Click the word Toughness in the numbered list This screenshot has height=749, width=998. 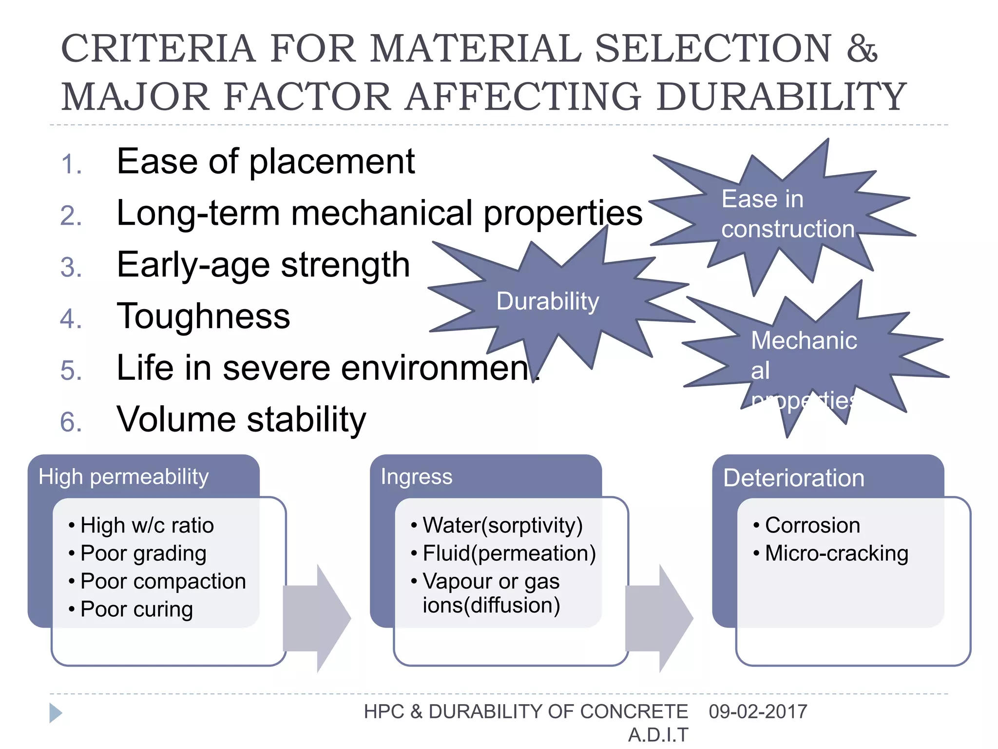[x=203, y=316]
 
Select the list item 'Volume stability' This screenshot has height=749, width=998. [x=241, y=419]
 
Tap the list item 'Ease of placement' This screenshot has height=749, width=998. [x=266, y=161]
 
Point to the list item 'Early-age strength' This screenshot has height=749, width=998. [x=263, y=265]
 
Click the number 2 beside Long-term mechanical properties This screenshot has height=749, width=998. [x=71, y=216]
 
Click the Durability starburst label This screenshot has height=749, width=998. [x=547, y=301]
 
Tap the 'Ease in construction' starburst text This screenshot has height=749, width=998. [x=787, y=214]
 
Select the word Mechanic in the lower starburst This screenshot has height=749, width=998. [x=804, y=340]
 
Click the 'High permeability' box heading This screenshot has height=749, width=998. [x=124, y=476]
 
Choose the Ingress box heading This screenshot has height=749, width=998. [x=417, y=476]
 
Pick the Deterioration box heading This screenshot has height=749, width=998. [x=794, y=478]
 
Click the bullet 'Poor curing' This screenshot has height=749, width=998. [x=136, y=609]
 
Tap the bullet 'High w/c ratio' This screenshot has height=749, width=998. [x=147, y=525]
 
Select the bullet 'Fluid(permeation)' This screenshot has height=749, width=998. [x=509, y=553]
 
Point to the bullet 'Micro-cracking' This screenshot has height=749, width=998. [x=836, y=553]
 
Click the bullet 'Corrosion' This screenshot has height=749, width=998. [x=812, y=525]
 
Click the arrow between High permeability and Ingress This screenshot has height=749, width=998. [x=317, y=618]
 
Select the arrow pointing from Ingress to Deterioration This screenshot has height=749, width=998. [x=659, y=618]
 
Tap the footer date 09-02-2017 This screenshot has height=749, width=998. [x=758, y=711]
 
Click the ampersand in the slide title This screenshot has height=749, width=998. [x=862, y=49]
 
